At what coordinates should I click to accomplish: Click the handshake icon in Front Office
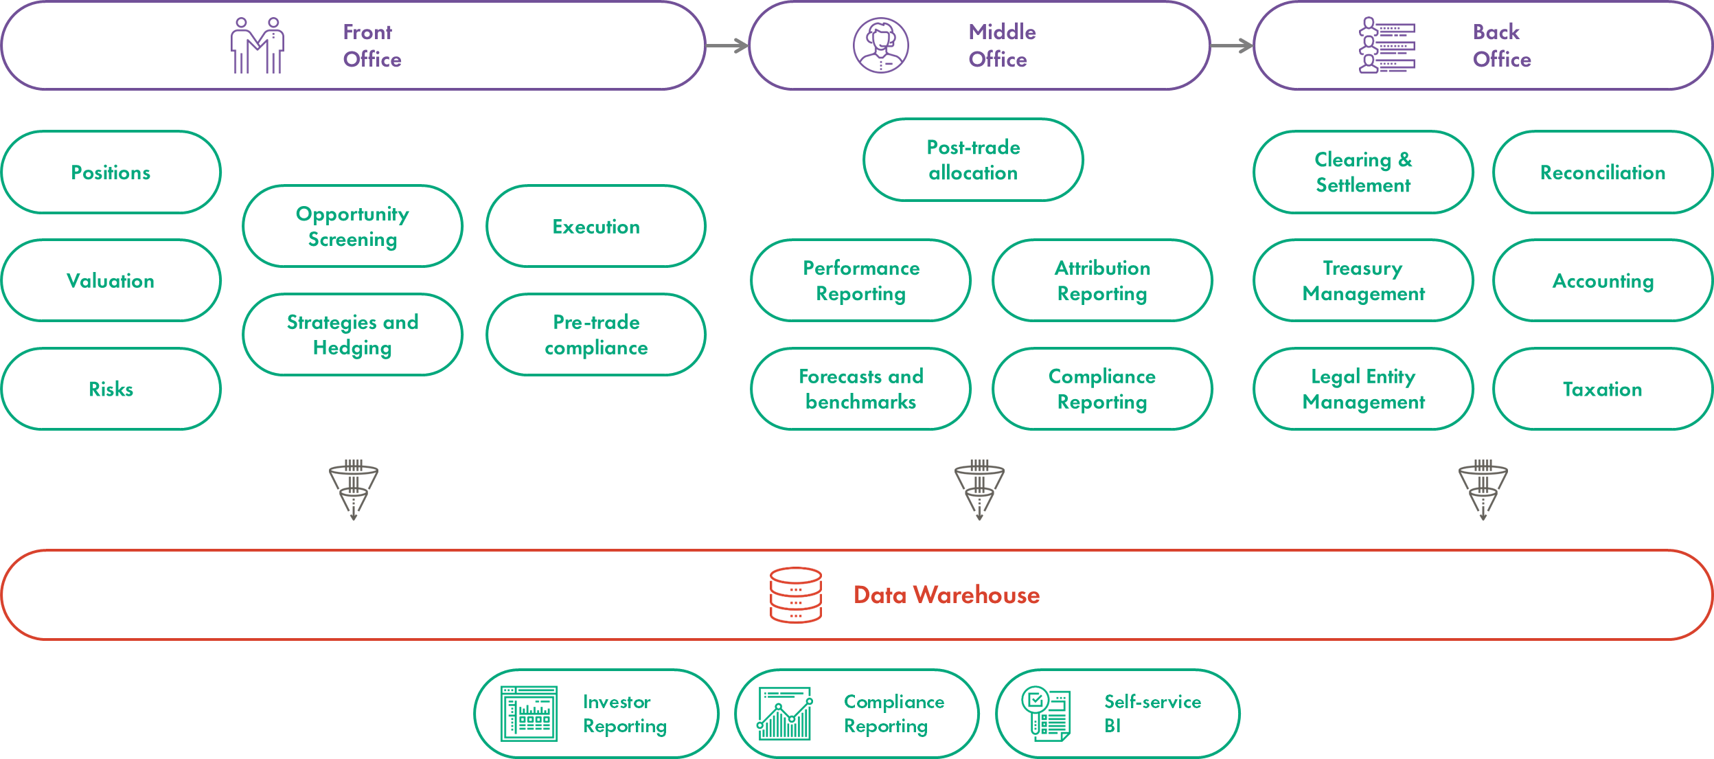[258, 45]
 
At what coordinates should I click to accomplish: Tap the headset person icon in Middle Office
[880, 45]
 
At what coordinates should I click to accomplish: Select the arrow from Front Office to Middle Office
[727, 46]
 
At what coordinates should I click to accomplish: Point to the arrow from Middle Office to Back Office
[1231, 46]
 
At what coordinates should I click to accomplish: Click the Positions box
[111, 172]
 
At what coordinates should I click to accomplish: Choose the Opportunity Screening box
[352, 226]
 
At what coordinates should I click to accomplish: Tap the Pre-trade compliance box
[596, 335]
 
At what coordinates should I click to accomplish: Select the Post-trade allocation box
[973, 159]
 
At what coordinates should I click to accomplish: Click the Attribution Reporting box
[1102, 280]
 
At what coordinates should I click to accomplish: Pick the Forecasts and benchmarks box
[860, 389]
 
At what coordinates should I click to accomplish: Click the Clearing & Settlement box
[1363, 172]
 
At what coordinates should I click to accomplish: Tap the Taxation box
[1603, 389]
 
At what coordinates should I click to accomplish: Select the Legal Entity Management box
[1363, 389]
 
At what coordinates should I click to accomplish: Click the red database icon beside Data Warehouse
[795, 595]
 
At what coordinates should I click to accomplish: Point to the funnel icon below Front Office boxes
[353, 490]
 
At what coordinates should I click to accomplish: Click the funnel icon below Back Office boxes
[1483, 490]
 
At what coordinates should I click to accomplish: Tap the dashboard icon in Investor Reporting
[529, 714]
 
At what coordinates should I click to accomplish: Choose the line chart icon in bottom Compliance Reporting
[785, 714]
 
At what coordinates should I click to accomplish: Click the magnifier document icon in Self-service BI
[1045, 714]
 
